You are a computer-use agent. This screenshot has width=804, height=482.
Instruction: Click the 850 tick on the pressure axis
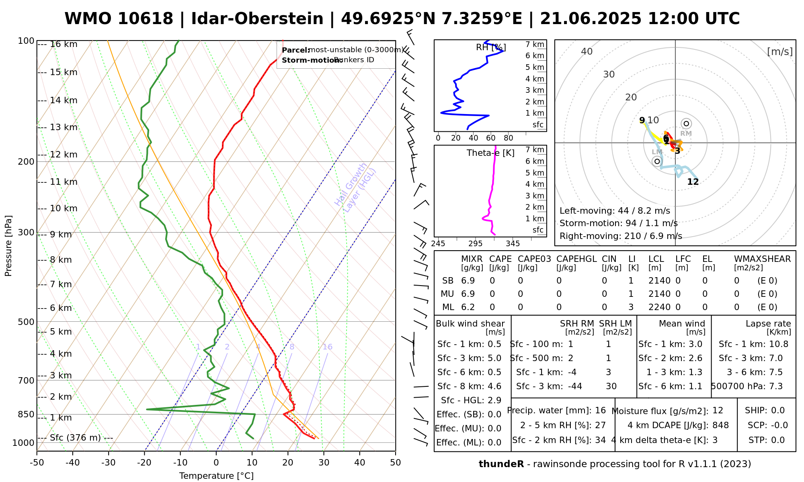26,414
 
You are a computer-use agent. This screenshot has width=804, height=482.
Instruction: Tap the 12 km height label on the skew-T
64,155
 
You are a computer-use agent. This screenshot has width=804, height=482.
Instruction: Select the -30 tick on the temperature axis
109,463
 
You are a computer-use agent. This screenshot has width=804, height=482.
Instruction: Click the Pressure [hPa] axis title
8,246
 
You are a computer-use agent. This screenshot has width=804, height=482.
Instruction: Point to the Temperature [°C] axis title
216,476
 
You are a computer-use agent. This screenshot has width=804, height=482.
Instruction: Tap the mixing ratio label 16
327,347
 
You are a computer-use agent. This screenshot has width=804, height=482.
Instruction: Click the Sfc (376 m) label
75,438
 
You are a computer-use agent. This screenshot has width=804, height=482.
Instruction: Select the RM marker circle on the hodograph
686,124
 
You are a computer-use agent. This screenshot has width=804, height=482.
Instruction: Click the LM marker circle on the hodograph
657,161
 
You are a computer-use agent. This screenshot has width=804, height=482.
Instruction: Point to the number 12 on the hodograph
693,182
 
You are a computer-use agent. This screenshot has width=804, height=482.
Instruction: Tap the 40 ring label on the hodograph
587,51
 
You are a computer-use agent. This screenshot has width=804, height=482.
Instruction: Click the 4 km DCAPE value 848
720,425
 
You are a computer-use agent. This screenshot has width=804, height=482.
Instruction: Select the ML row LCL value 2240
659,307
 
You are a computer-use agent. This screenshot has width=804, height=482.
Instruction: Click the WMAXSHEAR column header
762,259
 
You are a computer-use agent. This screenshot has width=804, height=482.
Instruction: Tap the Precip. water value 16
600,411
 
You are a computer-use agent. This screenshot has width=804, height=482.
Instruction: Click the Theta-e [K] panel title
490,153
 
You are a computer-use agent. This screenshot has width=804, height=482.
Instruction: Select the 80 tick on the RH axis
509,138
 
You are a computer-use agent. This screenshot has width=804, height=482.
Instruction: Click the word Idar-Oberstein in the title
257,19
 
